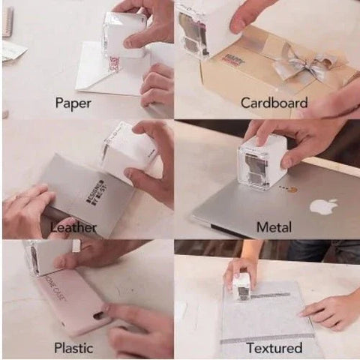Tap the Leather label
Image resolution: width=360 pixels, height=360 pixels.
(x=73, y=224)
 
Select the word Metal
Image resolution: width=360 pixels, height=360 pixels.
(x=274, y=226)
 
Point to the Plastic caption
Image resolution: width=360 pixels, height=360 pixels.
(x=73, y=347)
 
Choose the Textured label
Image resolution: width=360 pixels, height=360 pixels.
(x=274, y=348)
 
